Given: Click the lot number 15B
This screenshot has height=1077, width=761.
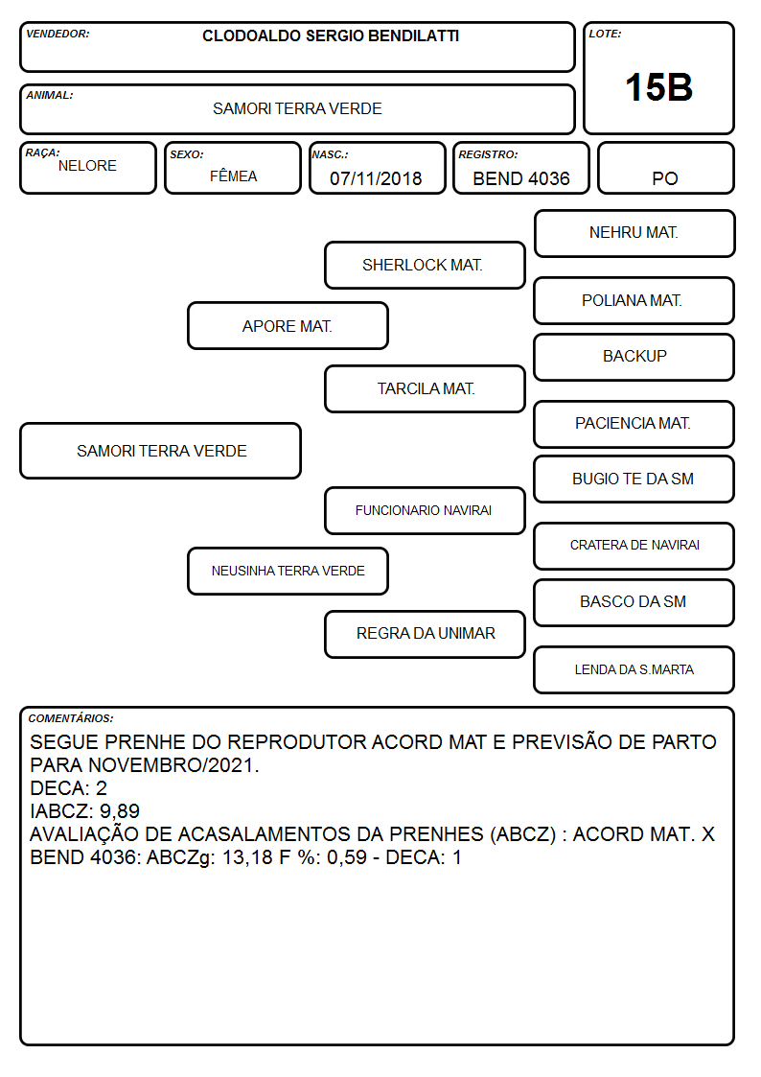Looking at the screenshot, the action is pos(658,87).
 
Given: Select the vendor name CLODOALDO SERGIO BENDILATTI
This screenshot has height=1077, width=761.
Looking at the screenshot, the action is pos(331,35).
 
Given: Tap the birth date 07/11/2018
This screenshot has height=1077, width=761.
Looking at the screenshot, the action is pos(376,178).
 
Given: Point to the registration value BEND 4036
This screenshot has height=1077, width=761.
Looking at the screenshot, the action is pos(521,178).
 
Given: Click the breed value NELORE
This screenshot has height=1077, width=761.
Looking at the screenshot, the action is pos(87,166).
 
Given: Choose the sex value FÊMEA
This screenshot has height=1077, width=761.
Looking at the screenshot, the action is pos(233,176).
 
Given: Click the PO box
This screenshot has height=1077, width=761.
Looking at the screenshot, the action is pos(665,168).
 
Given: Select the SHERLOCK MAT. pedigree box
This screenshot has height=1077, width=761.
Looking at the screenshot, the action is pos(425,265).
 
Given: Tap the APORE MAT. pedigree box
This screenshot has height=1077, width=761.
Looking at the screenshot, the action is pos(288,325).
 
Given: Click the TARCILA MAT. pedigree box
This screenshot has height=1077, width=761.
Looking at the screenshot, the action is pos(425,388).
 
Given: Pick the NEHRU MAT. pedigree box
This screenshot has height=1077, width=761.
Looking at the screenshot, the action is pos(634,234).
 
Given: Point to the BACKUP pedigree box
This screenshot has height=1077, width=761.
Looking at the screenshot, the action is pos(634,357).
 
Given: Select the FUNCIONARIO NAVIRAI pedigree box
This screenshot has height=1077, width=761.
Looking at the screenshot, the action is pos(425,510).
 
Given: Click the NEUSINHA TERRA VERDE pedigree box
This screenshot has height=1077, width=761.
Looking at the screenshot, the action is pos(288,571).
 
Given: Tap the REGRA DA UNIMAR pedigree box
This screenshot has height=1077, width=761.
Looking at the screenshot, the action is pos(425,634).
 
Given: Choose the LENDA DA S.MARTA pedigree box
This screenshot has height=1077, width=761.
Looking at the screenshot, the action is pos(634,669).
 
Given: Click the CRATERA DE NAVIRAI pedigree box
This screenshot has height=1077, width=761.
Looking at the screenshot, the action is pos(634,546).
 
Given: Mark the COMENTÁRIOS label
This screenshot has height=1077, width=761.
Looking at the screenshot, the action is pos(71,718).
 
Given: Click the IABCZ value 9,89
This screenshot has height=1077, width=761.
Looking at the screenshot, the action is pos(120,811).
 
